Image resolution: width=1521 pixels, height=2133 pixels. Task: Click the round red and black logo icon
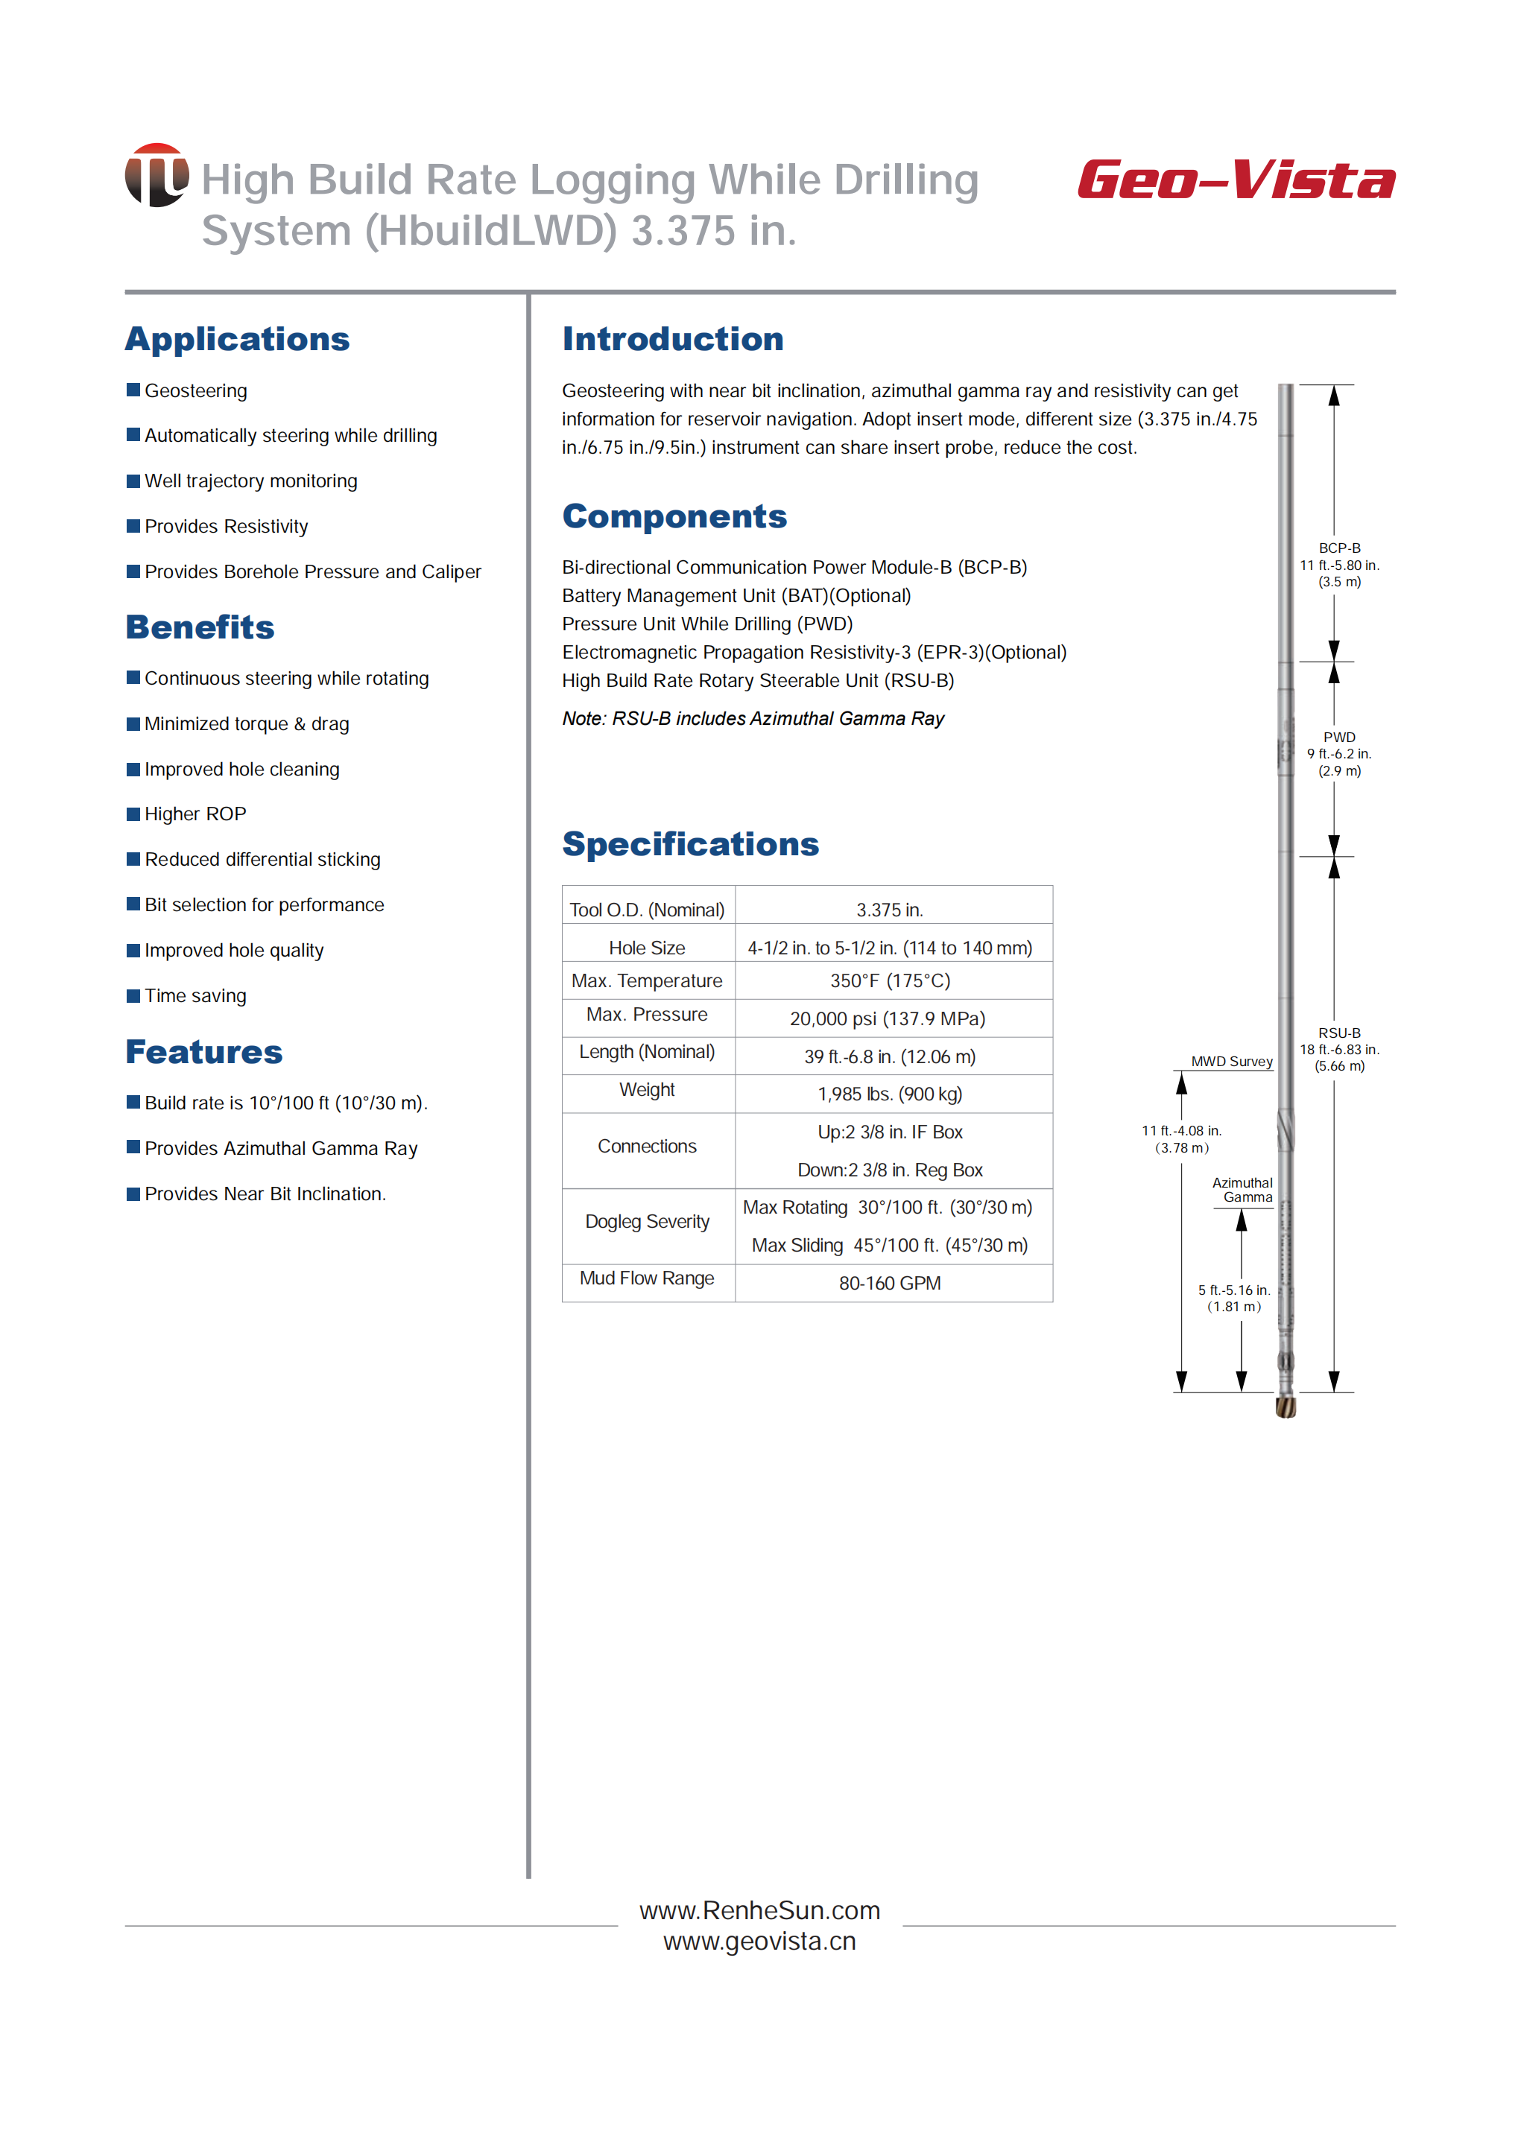[x=156, y=175]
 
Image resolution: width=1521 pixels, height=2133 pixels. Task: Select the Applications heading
[x=237, y=339]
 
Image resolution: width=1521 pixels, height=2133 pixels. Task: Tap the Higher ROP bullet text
[x=195, y=814]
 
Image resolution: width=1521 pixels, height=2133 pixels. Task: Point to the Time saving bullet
[x=195, y=995]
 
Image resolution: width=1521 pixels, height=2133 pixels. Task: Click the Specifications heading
[x=690, y=843]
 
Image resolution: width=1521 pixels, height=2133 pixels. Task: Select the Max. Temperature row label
[x=647, y=980]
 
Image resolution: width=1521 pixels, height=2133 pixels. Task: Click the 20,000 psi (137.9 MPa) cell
[x=888, y=1018]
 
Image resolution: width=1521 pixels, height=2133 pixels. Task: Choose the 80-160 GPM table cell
[x=890, y=1284]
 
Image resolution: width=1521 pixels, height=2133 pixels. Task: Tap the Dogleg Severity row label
[x=647, y=1222]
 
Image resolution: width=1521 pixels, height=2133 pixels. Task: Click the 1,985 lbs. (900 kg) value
[x=890, y=1094]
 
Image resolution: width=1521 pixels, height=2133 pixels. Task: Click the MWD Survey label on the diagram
[x=1232, y=1061]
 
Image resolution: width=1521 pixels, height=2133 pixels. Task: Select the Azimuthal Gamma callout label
[x=1243, y=1190]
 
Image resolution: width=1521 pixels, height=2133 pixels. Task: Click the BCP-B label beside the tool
[x=1339, y=548]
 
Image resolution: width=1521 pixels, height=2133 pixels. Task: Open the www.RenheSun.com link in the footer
[x=759, y=1910]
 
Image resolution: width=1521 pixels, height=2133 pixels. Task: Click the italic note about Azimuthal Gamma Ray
[x=753, y=718]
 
